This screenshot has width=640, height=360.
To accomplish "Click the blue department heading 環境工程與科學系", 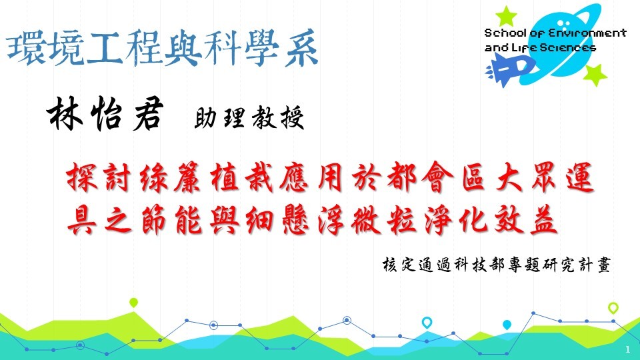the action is pyautogui.click(x=163, y=48).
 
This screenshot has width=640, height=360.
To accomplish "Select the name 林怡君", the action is pyautogui.click(x=105, y=114).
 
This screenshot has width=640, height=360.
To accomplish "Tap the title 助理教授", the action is pyautogui.click(x=249, y=117).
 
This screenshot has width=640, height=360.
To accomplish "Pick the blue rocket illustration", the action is pyautogui.click(x=510, y=69).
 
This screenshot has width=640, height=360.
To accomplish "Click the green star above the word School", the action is pyautogui.click(x=506, y=16).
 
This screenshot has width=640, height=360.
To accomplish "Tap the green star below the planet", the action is pyautogui.click(x=595, y=75).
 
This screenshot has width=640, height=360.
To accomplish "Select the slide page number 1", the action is pyautogui.click(x=628, y=349).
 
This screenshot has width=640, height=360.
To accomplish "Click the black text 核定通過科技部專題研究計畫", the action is pyautogui.click(x=496, y=265).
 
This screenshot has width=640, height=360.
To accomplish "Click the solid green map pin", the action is pyautogui.click(x=133, y=303).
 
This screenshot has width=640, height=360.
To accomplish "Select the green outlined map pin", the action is pyautogui.click(x=613, y=308).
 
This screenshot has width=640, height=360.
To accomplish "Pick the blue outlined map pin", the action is pyautogui.click(x=427, y=323).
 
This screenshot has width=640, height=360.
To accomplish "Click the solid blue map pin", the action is pyautogui.click(x=507, y=325).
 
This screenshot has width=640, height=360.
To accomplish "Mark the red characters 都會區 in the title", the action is pyautogui.click(x=436, y=177).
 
